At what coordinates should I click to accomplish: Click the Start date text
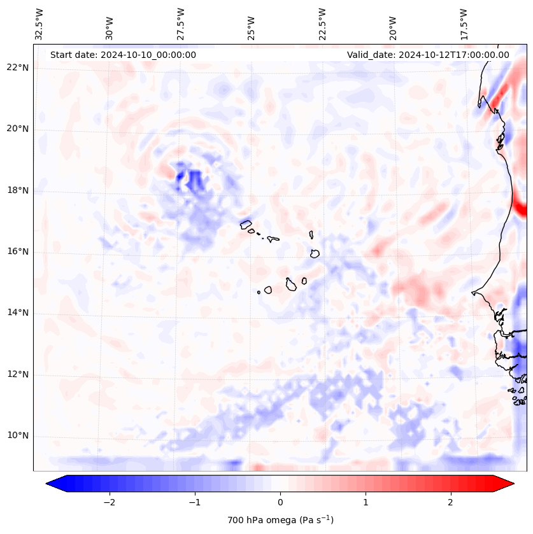point(123,55)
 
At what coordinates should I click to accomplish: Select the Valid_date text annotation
point(428,55)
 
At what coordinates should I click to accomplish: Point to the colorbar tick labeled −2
point(109,502)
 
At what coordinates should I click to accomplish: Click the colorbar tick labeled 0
point(280,502)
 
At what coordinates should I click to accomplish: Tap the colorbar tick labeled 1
point(366,502)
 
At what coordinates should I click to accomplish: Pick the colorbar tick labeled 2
point(451,502)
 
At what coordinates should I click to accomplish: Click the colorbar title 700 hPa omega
point(280,520)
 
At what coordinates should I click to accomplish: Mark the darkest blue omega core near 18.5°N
point(181,174)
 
